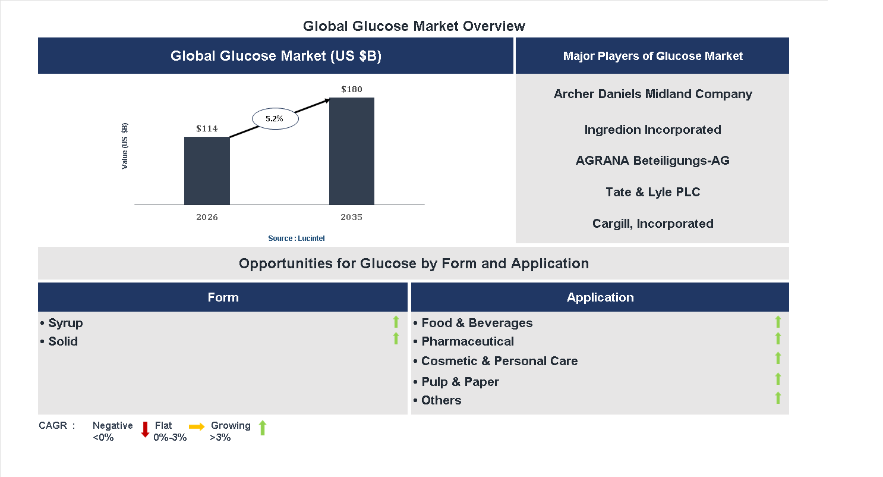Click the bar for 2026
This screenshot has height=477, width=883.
click(207, 171)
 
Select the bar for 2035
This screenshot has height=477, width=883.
click(352, 151)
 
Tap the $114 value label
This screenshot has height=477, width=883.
click(207, 128)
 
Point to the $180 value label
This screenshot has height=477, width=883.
click(352, 89)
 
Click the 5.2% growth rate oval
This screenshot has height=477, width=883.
click(275, 119)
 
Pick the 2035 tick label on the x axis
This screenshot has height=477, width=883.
click(351, 217)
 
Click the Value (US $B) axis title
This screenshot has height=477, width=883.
click(125, 146)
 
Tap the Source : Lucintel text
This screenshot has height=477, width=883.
click(296, 238)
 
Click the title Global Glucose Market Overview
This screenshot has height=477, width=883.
click(414, 26)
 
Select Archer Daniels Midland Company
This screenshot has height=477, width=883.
click(652, 94)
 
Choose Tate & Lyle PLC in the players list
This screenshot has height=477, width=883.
click(652, 192)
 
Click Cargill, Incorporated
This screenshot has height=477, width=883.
click(652, 224)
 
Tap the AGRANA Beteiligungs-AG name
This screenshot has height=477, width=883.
click(652, 161)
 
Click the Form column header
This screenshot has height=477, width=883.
click(223, 297)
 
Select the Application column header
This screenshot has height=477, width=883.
click(600, 297)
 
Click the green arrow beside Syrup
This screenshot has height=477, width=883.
click(396, 322)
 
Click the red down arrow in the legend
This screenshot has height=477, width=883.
click(145, 429)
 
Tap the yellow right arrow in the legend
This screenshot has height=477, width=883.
click(197, 426)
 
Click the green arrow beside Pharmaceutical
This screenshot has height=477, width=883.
click(778, 338)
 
